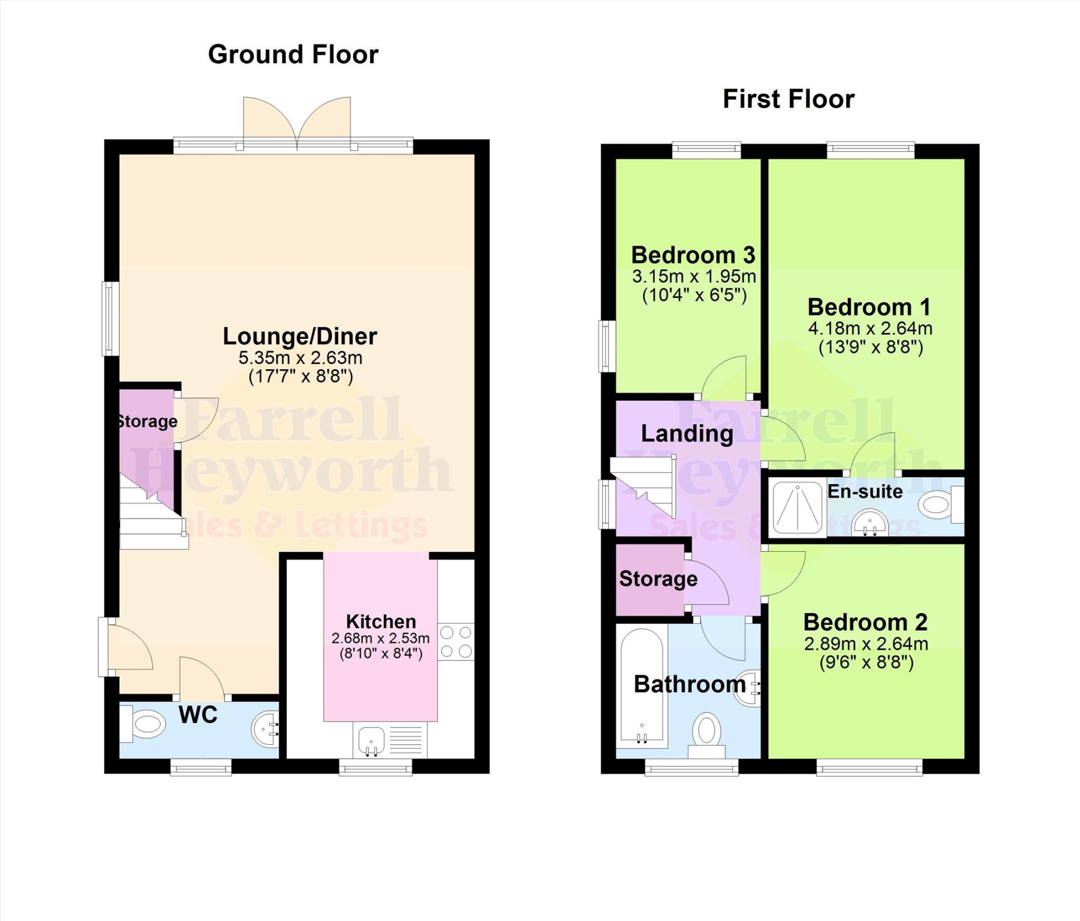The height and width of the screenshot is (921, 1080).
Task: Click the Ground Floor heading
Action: click(x=293, y=54)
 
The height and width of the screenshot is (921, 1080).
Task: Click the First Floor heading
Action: click(x=788, y=99)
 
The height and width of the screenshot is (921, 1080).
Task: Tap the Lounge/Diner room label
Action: click(x=300, y=336)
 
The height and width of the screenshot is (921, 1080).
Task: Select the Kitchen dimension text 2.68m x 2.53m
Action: click(x=380, y=638)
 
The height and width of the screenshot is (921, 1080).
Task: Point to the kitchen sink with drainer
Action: click(x=390, y=740)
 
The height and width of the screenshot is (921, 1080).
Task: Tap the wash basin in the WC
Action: click(x=265, y=729)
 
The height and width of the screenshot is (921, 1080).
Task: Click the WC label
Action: click(x=198, y=715)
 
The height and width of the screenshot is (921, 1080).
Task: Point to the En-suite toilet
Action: click(x=939, y=504)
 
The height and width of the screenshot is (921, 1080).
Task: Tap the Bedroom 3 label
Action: click(x=693, y=255)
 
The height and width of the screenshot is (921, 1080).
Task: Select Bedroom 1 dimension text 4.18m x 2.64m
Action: click(x=870, y=328)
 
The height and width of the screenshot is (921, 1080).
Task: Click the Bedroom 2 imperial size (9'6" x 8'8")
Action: click(x=866, y=663)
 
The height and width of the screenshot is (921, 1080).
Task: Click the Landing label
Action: click(x=687, y=434)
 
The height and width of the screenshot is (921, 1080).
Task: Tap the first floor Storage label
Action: click(x=658, y=579)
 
